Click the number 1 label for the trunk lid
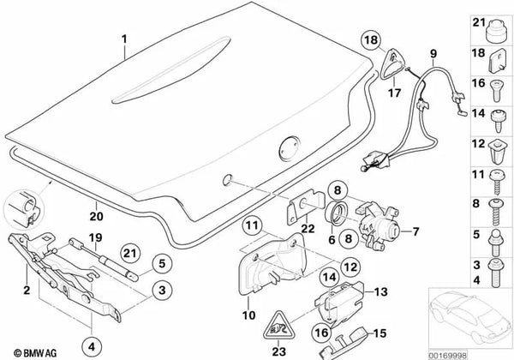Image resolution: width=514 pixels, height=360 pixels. click(124, 39)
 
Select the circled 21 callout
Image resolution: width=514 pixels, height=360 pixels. click(130, 254)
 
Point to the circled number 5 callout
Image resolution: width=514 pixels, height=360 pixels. click(162, 263)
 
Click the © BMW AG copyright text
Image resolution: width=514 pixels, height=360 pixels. click(35, 353)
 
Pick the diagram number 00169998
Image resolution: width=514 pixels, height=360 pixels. click(448, 356)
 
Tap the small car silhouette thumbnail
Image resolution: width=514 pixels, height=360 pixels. click(470, 317)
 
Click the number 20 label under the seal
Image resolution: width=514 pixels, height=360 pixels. click(96, 216)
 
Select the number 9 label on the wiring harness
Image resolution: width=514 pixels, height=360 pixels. click(433, 53)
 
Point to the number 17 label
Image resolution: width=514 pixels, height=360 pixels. click(394, 93)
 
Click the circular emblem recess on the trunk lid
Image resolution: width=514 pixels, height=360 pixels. click(290, 148)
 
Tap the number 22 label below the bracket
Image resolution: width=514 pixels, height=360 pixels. click(308, 228)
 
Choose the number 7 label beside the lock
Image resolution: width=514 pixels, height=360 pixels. click(415, 231)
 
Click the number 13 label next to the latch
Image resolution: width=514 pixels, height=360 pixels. click(380, 291)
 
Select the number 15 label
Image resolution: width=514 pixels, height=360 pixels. click(380, 333)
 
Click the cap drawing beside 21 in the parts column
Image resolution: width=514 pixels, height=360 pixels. click(493, 30)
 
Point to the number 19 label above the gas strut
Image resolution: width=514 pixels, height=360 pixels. click(95, 237)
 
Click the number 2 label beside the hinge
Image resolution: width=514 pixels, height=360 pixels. click(27, 290)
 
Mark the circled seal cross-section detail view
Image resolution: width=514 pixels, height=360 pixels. click(24, 208)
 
